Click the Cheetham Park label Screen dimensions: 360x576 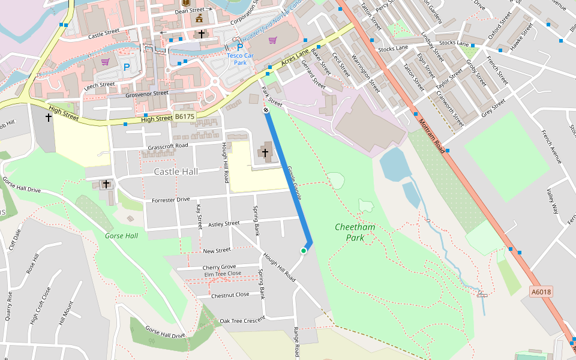coord(355,232)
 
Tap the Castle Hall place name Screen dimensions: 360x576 coord(176,172)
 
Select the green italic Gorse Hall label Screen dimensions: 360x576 coord(121,236)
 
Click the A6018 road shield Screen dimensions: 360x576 coord(541,292)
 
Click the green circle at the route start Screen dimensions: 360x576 coord(304,251)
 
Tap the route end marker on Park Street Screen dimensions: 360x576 coord(265,110)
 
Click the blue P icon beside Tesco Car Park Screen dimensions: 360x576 coord(240,47)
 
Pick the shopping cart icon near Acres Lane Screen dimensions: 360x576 coord(273,40)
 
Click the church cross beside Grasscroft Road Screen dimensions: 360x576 coord(265,153)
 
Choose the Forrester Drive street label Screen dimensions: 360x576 coord(170,200)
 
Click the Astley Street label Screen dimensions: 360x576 coord(223,224)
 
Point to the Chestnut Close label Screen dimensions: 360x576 coord(230,295)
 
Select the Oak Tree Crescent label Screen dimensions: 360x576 coord(242,320)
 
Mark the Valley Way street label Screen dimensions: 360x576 coord(553,202)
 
